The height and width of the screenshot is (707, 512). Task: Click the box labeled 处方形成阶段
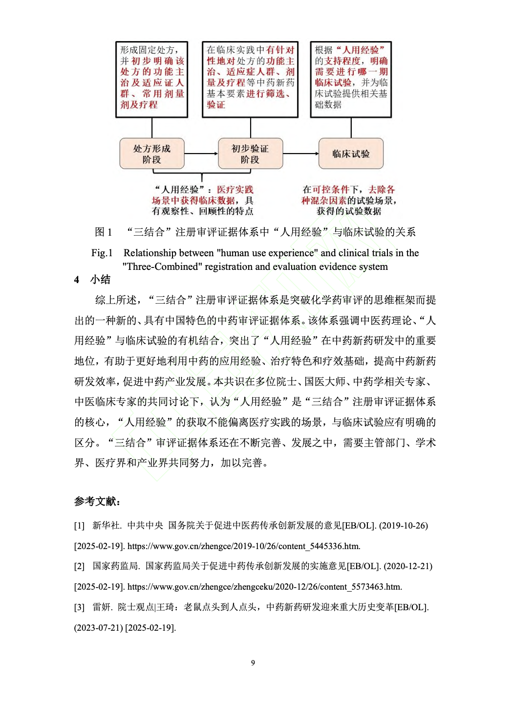[x=152, y=154]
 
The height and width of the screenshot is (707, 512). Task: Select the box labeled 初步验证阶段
[x=250, y=154]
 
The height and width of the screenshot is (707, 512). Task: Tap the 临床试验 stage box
[x=351, y=154]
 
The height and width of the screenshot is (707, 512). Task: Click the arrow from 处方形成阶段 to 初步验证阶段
[x=201, y=154]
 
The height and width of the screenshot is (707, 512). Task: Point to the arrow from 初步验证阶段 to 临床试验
[x=300, y=154]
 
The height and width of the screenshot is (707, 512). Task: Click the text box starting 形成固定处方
[x=152, y=80]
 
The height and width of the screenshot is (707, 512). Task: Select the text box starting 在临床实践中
[x=250, y=80]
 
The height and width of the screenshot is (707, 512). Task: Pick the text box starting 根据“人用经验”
[x=351, y=80]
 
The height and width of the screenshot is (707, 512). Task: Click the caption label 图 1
[x=103, y=232]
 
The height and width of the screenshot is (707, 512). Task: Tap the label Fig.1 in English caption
[x=102, y=253]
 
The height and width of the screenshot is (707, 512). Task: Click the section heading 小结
[x=100, y=279]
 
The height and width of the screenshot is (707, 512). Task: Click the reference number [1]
[x=79, y=526]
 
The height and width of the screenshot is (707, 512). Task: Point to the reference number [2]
[x=79, y=566]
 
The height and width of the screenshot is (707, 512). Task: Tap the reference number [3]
[x=79, y=607]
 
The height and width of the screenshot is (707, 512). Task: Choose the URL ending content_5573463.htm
[x=264, y=587]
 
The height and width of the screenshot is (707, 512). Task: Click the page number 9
[x=253, y=663]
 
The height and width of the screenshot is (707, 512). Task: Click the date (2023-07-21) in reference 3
[x=98, y=628]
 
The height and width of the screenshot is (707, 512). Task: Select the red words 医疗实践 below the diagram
[x=235, y=190]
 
